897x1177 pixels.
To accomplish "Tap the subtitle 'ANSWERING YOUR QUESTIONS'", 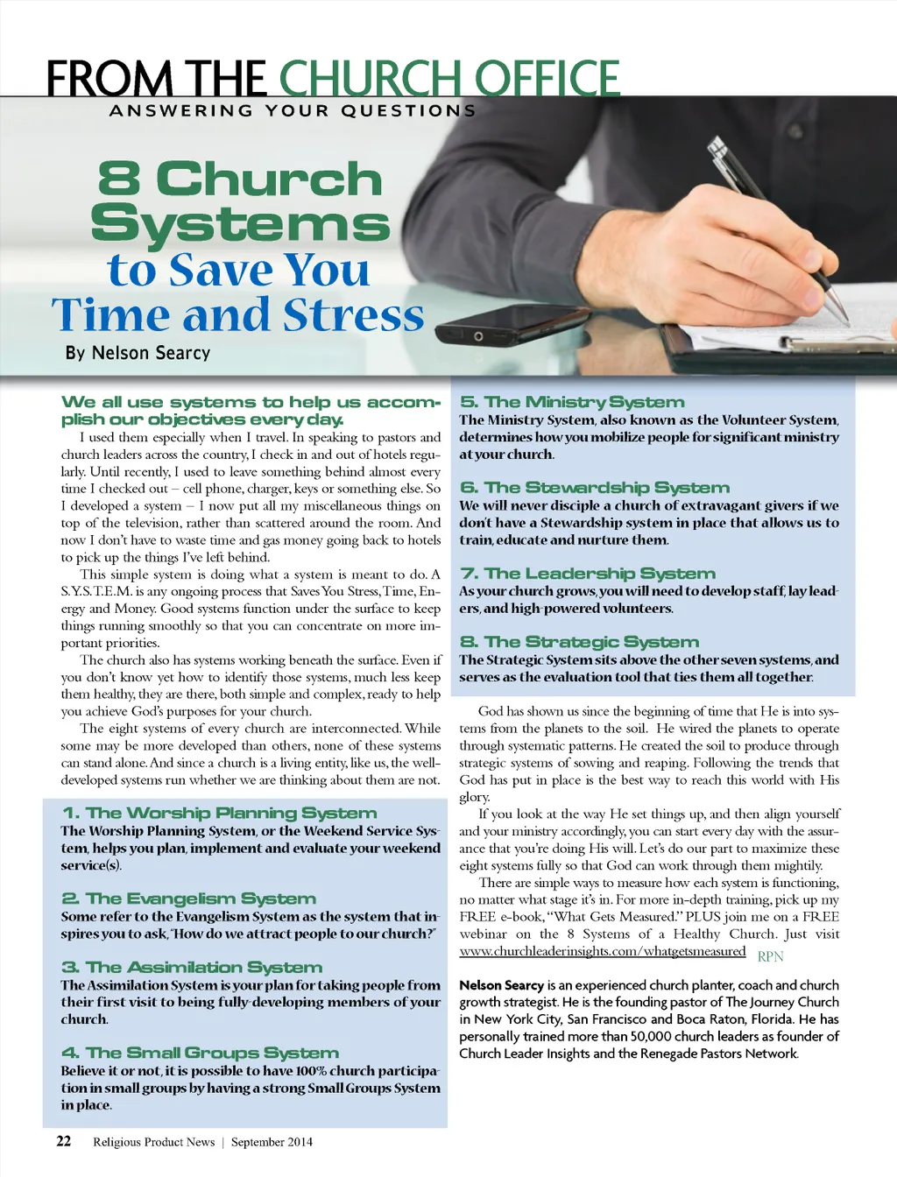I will (x=293, y=111).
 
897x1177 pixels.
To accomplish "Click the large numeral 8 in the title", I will (x=119, y=180).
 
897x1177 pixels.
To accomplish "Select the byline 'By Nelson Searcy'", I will (x=138, y=353).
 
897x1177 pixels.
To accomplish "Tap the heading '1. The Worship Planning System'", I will (x=219, y=814).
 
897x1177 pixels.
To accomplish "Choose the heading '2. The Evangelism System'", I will (x=188, y=899).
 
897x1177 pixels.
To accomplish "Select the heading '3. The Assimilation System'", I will (x=192, y=967).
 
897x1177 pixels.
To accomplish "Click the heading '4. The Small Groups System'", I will (x=200, y=1053).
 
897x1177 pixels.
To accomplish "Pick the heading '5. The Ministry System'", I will (x=572, y=402).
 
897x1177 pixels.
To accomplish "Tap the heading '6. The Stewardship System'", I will (x=595, y=488).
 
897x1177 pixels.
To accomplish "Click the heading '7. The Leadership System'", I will (x=588, y=574).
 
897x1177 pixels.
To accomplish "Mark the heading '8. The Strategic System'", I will (x=579, y=642).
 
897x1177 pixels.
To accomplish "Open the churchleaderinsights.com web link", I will (x=602, y=952).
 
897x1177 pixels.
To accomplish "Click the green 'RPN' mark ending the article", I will (x=770, y=956).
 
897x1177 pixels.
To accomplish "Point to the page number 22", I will (x=64, y=1141).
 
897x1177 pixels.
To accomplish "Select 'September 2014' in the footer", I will (x=272, y=1142).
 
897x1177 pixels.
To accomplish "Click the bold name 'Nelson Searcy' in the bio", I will (x=501, y=985).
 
